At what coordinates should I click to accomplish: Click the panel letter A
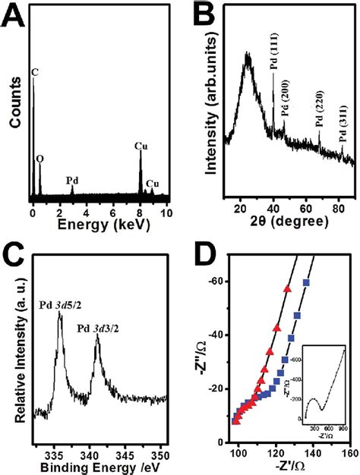coord(14,17)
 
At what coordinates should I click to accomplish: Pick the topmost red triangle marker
coord(287,288)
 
